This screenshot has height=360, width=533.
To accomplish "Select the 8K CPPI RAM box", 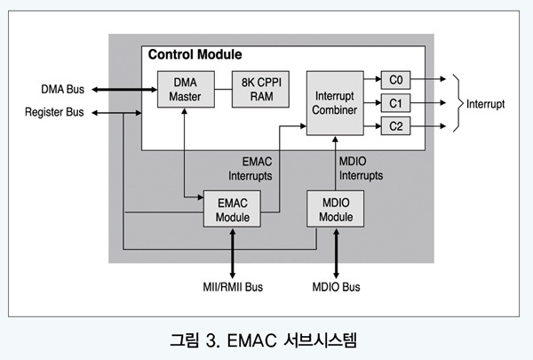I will (x=258, y=90).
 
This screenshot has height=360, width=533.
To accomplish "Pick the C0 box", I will (x=395, y=79).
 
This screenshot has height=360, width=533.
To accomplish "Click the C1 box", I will (x=395, y=102).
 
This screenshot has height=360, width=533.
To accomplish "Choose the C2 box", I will (x=395, y=126).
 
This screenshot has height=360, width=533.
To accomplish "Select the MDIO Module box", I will (x=335, y=209).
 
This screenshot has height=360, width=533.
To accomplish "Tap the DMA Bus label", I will (x=63, y=90).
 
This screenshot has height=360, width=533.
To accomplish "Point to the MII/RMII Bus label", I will (x=233, y=287).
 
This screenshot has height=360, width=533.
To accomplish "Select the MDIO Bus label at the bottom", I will (x=337, y=287).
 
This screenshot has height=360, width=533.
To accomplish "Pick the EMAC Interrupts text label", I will (x=250, y=169).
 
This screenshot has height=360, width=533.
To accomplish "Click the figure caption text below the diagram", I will (x=266, y=340).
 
